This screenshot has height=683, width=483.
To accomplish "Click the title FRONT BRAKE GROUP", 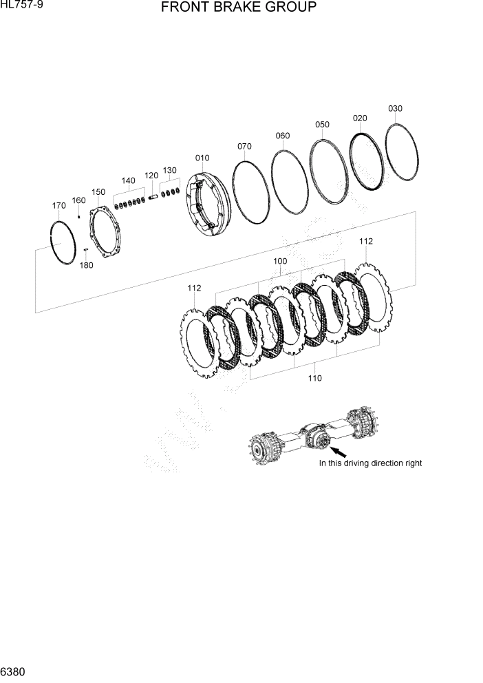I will (238, 8).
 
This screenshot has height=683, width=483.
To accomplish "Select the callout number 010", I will (202, 158).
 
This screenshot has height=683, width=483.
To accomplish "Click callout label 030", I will (395, 108).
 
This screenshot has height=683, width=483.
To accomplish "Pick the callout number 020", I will (360, 118).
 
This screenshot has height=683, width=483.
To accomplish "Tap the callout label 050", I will (322, 125).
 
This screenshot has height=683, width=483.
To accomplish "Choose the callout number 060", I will (282, 136).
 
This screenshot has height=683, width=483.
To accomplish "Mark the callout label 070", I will (244, 146).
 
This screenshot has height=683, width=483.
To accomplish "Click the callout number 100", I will (280, 262).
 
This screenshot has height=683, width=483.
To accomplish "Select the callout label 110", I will (314, 378).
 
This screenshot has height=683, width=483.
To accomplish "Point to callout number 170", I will (59, 205).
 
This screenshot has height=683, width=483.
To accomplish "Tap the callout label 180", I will (86, 265).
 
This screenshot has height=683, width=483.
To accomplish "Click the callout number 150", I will (98, 191).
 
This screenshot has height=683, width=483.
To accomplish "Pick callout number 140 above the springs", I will (128, 180).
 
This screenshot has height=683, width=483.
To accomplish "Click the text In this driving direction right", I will (370, 463).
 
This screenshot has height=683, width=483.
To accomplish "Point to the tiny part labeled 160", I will (80, 216).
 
